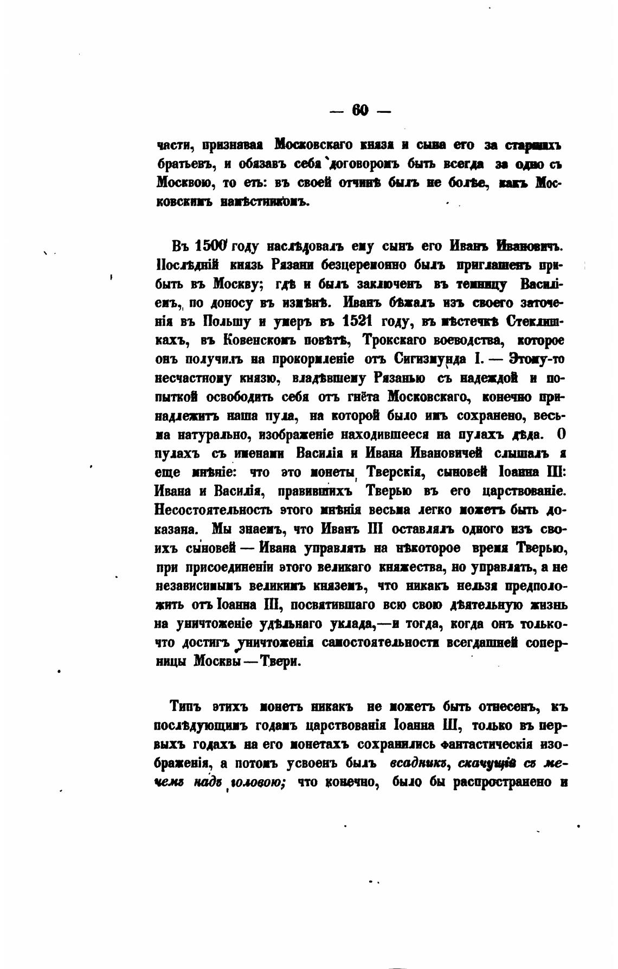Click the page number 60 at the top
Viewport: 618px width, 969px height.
(x=360, y=111)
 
